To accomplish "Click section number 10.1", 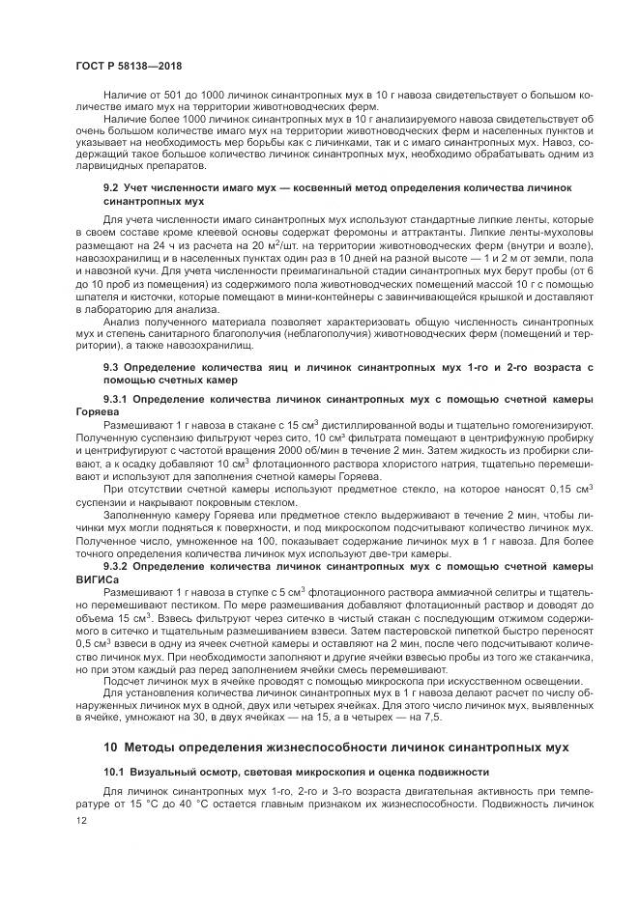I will [x=115, y=772].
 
